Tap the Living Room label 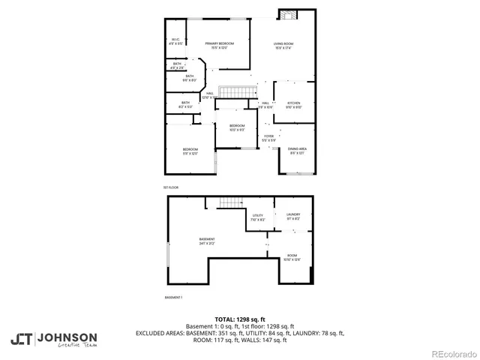[283, 46]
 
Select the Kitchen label [294, 105]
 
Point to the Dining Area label [297, 151]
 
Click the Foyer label [268, 138]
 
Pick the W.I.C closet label [175, 42]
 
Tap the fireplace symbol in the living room [288, 15]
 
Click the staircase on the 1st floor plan [234, 91]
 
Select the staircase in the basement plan [231, 202]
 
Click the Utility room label [257, 217]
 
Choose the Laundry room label [293, 217]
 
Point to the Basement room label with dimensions [207, 241]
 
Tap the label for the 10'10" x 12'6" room [292, 258]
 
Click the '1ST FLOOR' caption [171, 187]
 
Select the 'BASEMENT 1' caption [173, 298]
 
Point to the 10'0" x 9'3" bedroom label [237, 127]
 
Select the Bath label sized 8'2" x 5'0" [185, 104]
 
